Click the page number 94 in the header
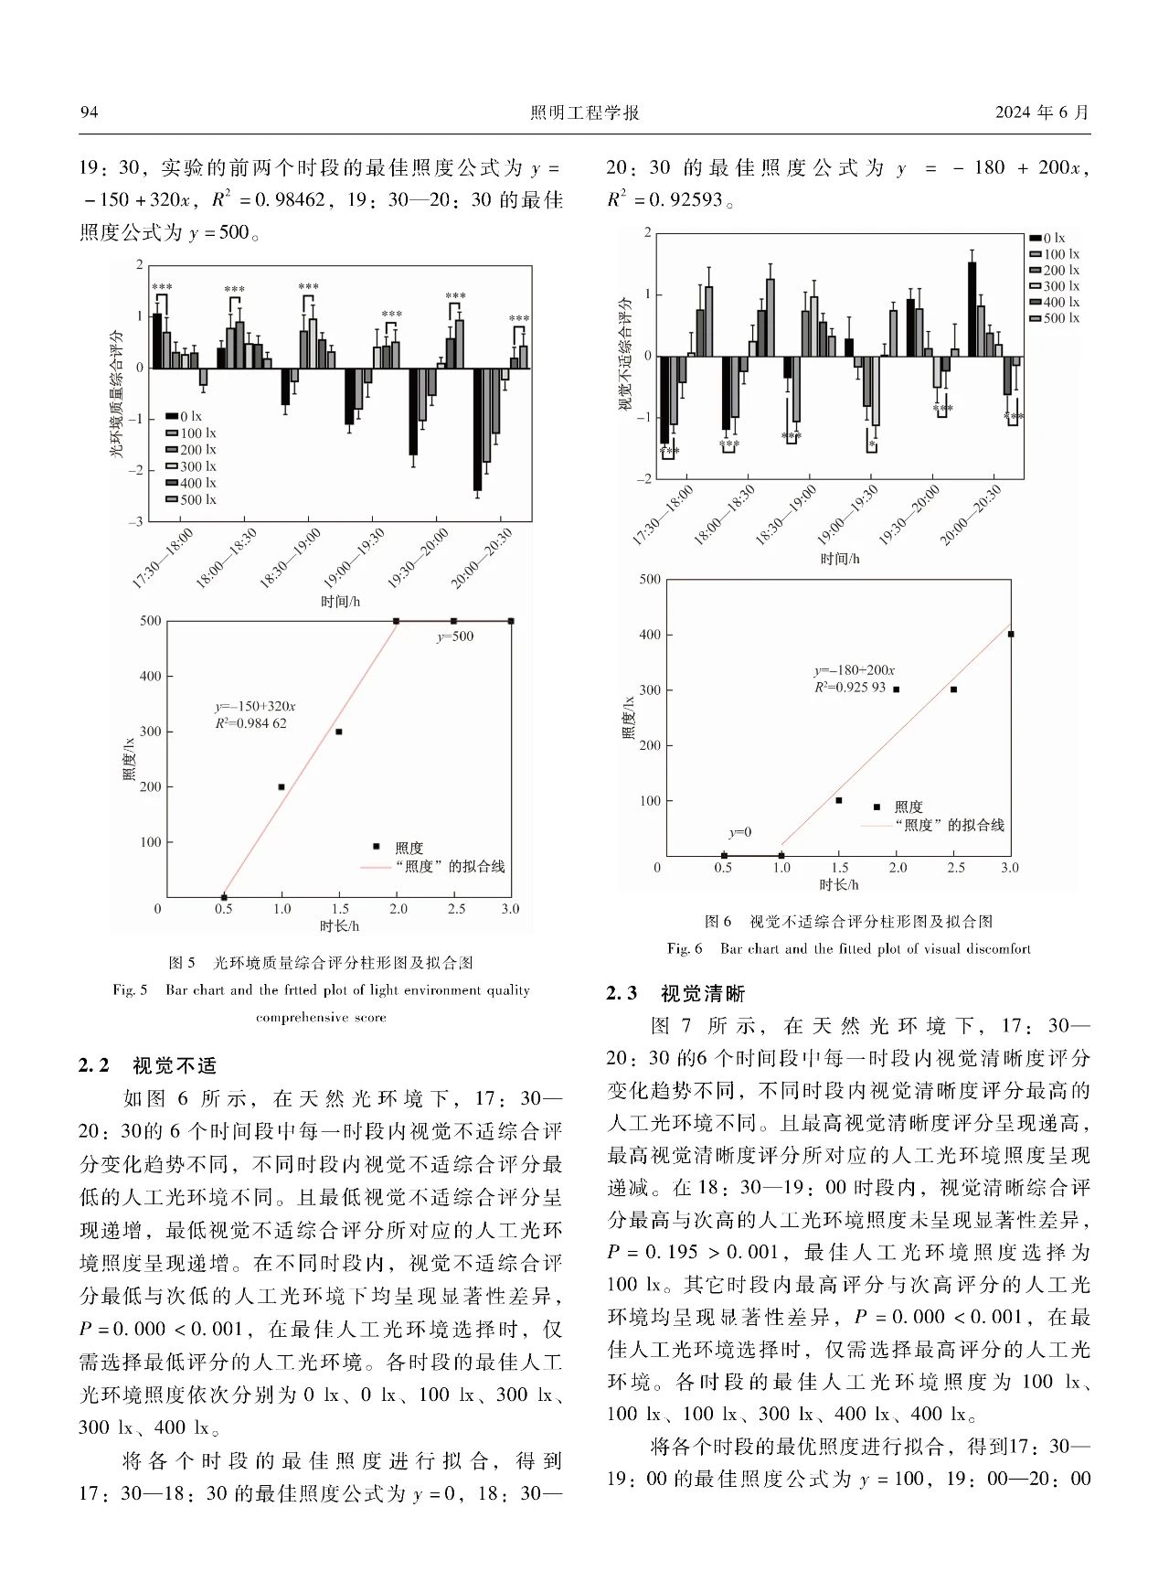click(89, 112)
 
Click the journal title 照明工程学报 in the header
click(584, 112)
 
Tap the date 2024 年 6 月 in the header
click(1042, 112)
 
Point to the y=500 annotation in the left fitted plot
click(454, 636)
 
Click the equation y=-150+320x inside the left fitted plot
click(255, 707)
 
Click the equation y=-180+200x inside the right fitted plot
click(854, 670)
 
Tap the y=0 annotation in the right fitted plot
click(740, 832)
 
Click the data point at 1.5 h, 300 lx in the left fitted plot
click(339, 732)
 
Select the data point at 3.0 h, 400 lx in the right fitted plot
click(1010, 634)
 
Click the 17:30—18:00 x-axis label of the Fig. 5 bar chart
click(163, 558)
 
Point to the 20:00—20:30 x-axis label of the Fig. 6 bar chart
click(971, 515)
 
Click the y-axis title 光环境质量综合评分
click(116, 393)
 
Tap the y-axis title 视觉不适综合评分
click(625, 354)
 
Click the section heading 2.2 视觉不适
click(148, 1065)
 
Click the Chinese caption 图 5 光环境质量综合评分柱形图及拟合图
click(321, 963)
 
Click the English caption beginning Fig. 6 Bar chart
click(848, 948)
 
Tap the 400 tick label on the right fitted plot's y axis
click(650, 635)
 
